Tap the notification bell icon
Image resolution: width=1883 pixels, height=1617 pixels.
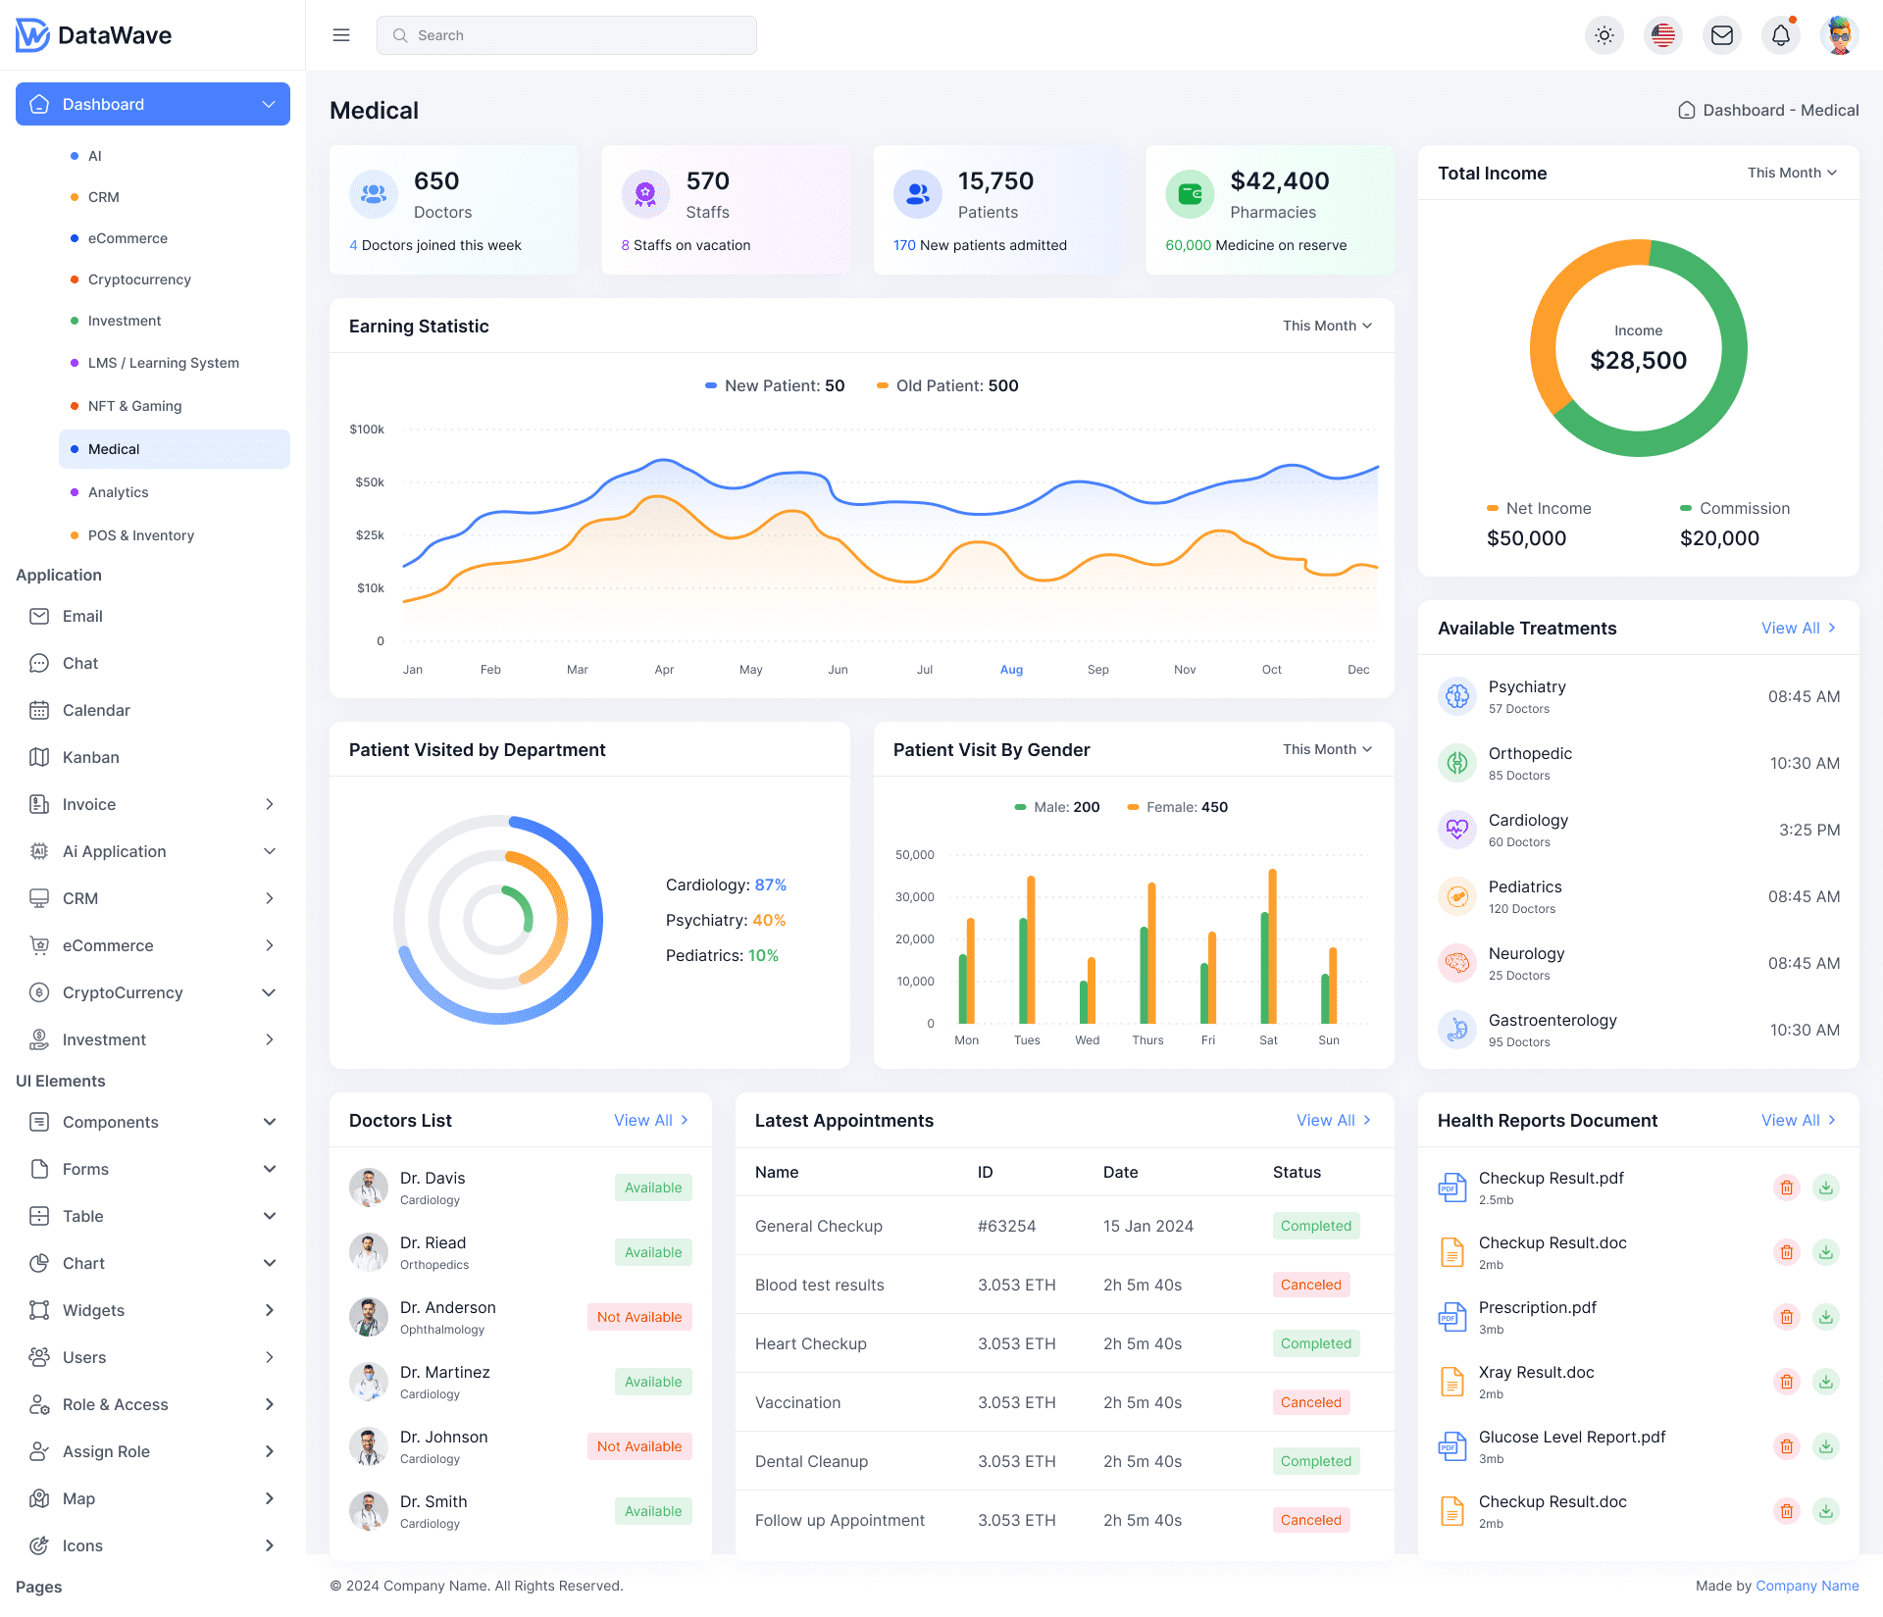pos(1780,35)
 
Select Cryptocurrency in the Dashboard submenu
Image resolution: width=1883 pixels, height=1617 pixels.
pos(139,279)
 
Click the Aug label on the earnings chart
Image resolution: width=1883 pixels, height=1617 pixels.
pos(1011,670)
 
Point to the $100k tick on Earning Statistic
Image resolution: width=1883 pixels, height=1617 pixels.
pos(367,430)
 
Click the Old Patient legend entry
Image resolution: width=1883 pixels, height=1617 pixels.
pos(947,386)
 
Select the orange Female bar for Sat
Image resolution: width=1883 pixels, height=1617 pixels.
pos(1272,945)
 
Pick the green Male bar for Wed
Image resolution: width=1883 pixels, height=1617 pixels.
pos(1084,1001)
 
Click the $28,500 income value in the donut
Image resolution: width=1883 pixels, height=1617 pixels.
pos(1638,361)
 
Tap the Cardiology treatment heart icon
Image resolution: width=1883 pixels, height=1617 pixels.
pos(1457,830)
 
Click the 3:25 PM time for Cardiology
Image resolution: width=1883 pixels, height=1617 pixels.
pos(1808,830)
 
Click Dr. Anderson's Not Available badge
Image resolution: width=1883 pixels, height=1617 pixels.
pos(639,1317)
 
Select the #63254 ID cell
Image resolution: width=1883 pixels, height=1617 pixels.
pos(1006,1226)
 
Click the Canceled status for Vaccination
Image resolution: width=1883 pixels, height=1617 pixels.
pos(1310,1402)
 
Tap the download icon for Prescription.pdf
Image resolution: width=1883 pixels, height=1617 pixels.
pos(1825,1317)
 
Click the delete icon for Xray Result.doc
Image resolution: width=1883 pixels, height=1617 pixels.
pos(1786,1382)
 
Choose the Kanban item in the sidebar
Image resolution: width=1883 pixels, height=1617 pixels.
pos(90,757)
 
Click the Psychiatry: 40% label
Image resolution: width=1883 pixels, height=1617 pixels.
pos(725,920)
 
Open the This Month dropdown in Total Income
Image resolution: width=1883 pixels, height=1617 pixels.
pos(1791,173)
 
